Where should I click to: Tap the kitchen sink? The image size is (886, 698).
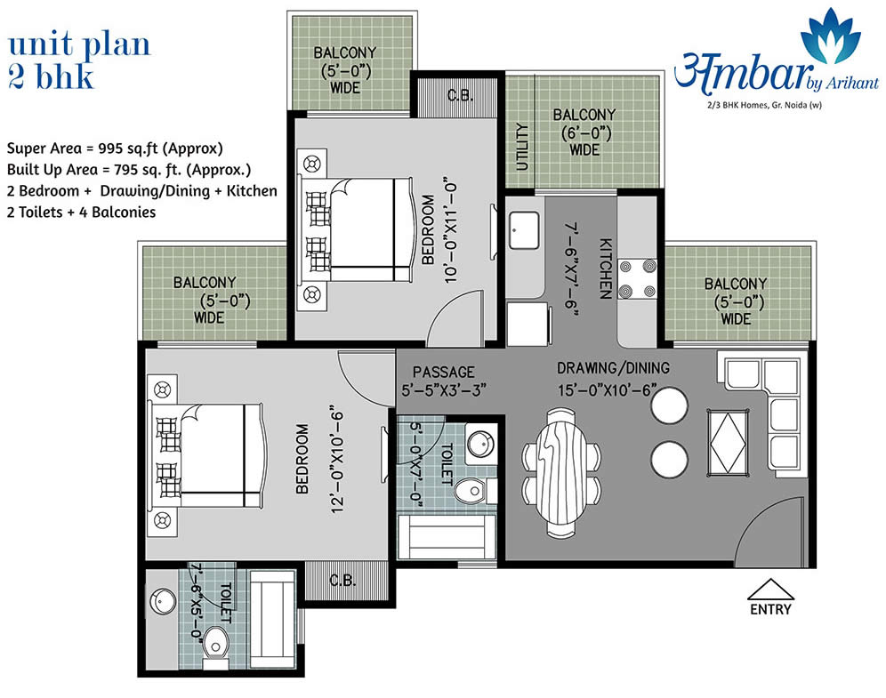[524, 229]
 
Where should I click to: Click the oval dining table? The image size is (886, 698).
[561, 473]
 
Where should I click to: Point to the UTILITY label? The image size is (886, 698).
[521, 147]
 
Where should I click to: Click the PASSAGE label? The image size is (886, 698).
[444, 372]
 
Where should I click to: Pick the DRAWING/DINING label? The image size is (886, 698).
[613, 368]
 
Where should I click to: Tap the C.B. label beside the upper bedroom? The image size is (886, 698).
[460, 95]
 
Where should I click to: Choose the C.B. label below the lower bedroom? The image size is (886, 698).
[342, 580]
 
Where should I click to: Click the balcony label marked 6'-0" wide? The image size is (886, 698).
[584, 132]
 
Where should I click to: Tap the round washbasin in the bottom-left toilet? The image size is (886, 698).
[162, 601]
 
